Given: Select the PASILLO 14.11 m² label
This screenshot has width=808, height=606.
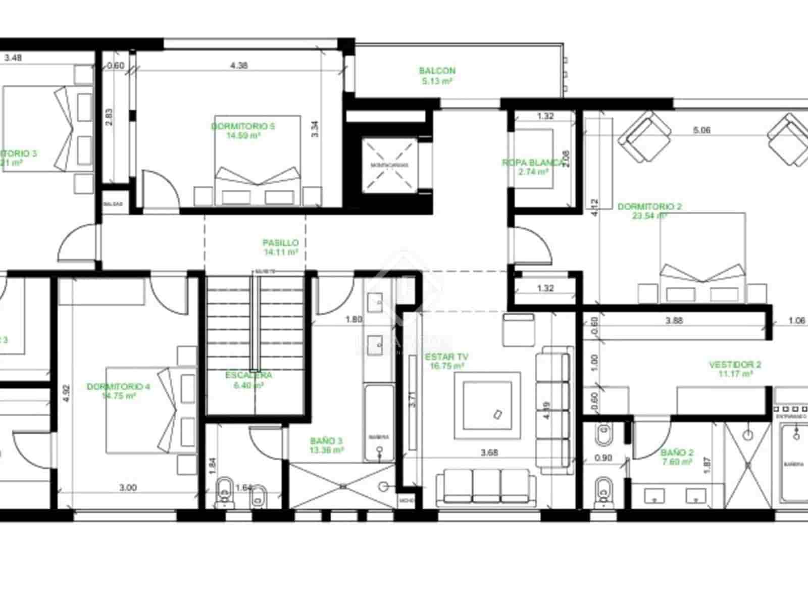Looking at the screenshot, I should click(x=280, y=247).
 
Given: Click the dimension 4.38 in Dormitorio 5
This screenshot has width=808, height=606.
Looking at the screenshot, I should click(x=239, y=65).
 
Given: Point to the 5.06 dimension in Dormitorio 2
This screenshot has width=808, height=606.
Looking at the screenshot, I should click(x=702, y=130).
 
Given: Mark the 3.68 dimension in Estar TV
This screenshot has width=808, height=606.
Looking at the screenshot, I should click(x=489, y=452).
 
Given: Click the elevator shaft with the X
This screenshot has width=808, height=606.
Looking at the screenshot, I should click(x=390, y=165).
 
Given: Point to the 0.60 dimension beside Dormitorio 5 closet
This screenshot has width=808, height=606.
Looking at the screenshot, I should click(x=116, y=65).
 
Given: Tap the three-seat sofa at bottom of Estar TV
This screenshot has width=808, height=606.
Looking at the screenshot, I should click(x=486, y=487).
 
